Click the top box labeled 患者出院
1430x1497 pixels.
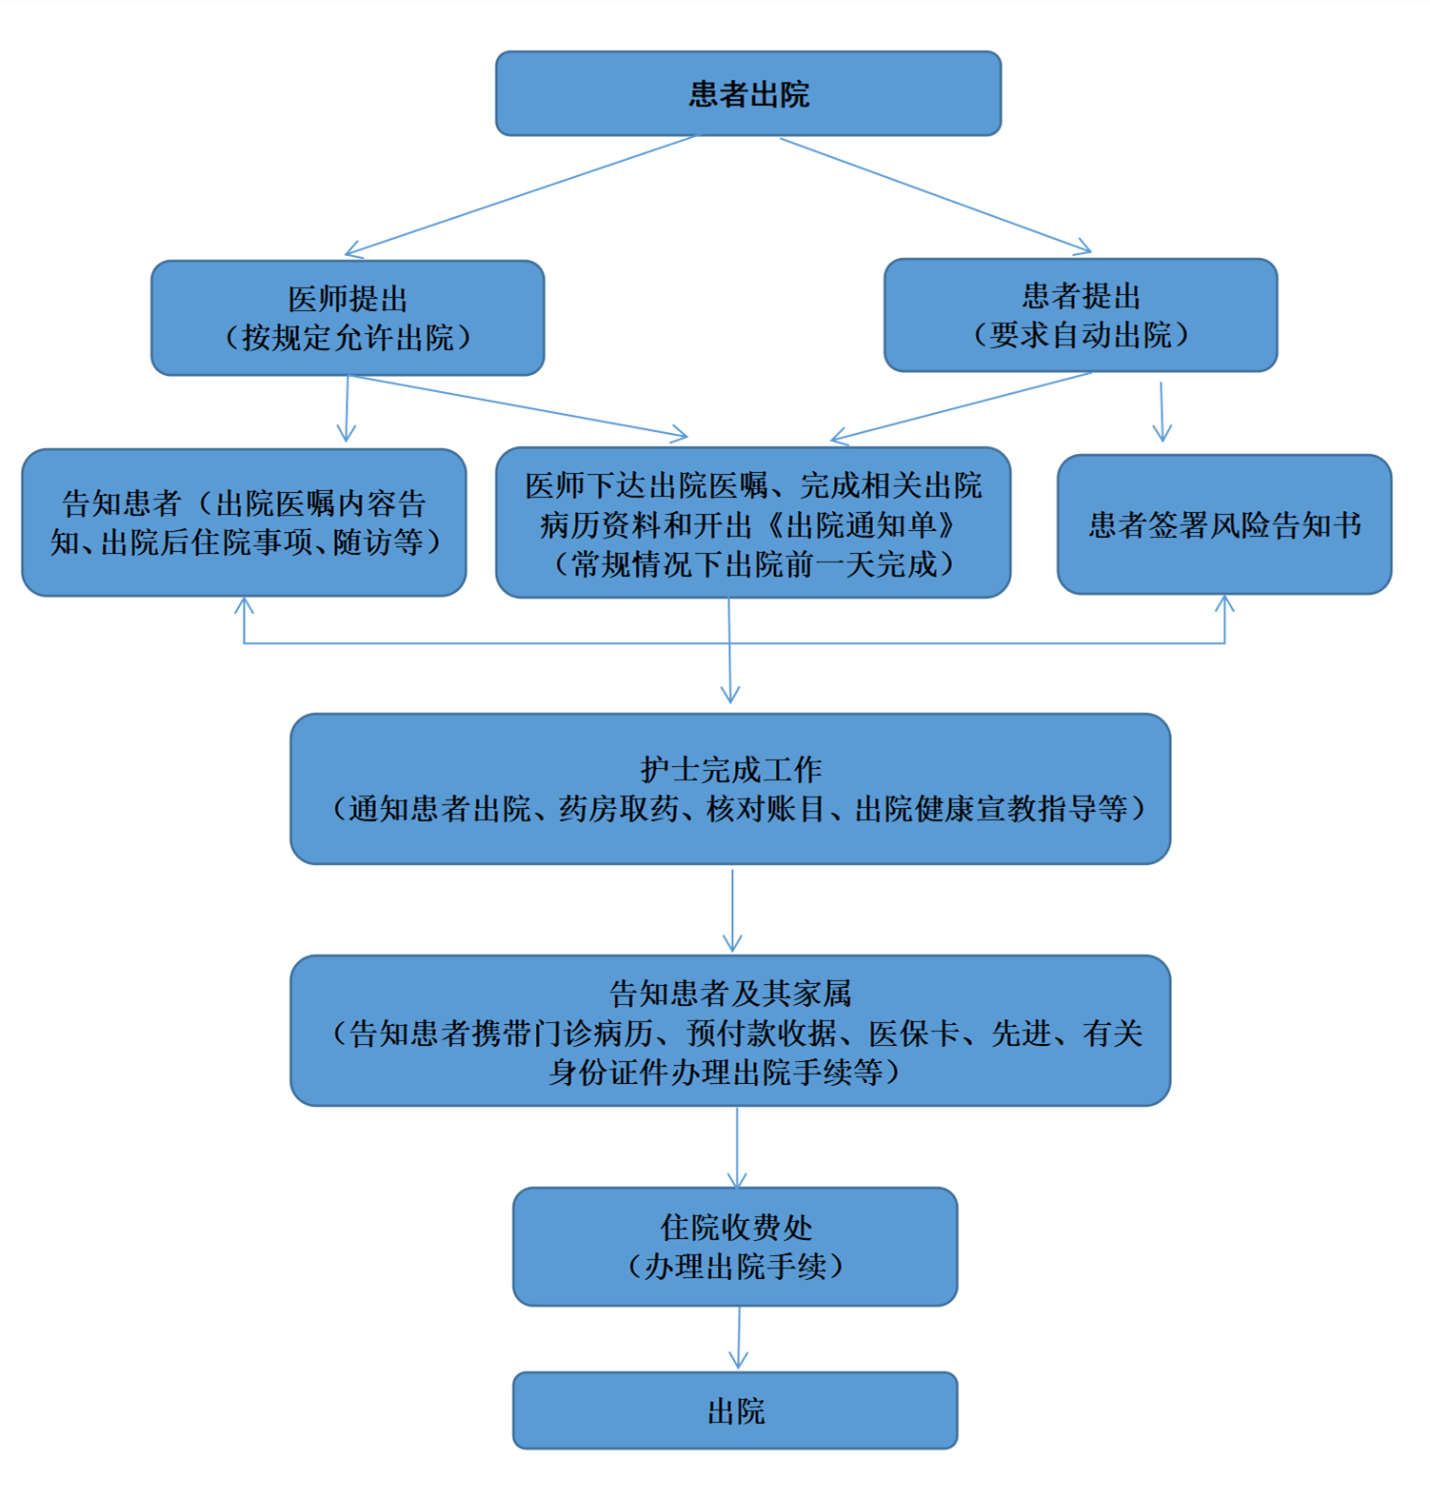click(748, 93)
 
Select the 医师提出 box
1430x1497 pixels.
click(348, 318)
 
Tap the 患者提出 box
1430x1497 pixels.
click(1081, 315)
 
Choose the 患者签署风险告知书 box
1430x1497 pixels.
click(1224, 524)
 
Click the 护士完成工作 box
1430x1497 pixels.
click(730, 789)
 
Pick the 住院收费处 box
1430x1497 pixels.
click(735, 1247)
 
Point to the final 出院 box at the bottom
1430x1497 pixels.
click(735, 1410)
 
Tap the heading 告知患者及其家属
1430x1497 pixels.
click(730, 994)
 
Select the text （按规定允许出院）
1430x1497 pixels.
click(348, 338)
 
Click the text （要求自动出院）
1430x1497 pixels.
click(1081, 335)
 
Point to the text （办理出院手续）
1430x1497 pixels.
click(735, 1267)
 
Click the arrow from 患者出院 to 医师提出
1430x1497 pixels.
click(521, 195)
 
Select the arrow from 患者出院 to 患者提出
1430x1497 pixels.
click(936, 195)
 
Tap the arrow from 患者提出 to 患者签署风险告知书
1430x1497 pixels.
click(1162, 412)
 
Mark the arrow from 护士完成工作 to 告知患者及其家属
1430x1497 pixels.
click(732, 911)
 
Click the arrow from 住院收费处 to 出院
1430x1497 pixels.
click(739, 1338)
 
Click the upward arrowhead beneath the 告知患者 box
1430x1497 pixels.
click(245, 605)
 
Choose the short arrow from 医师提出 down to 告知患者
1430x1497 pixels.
click(348, 409)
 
